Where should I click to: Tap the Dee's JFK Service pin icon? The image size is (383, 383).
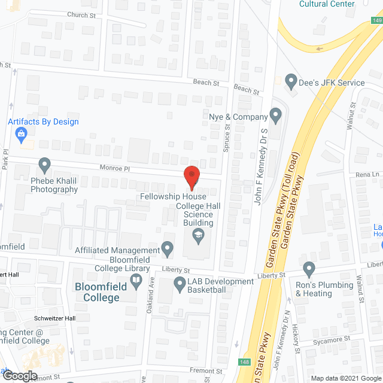pos(291,80)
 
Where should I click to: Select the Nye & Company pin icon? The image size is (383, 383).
pos(276,114)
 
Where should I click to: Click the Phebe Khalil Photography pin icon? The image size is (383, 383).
pos(44,163)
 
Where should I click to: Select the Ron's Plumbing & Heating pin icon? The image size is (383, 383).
pos(309,268)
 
